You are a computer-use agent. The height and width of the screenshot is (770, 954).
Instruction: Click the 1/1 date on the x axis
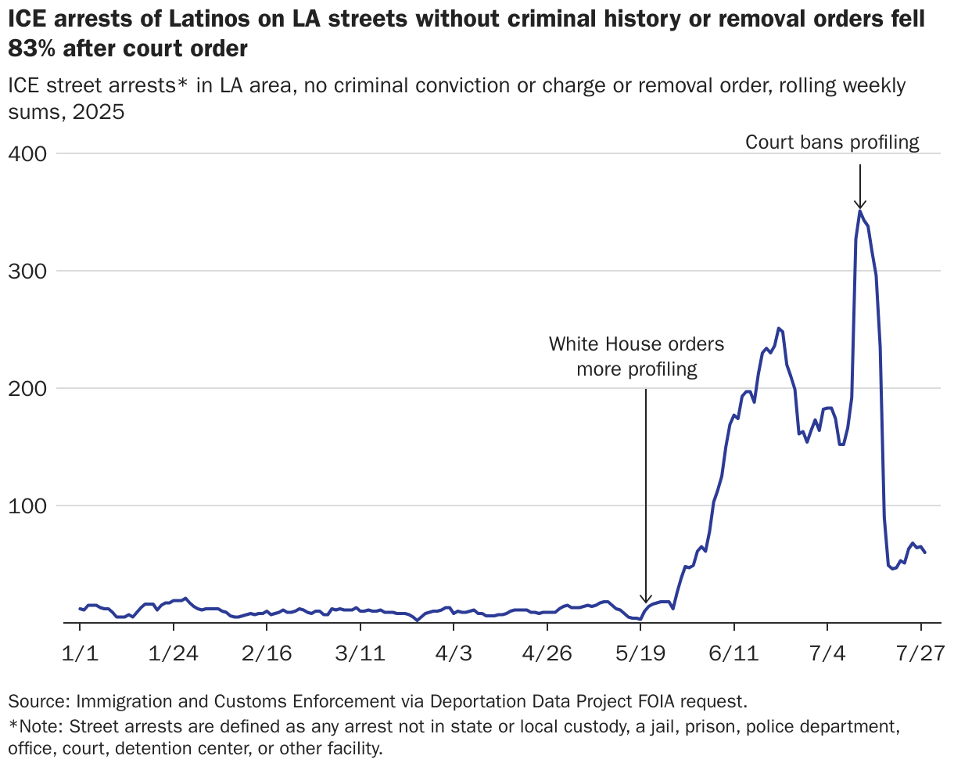tap(79, 653)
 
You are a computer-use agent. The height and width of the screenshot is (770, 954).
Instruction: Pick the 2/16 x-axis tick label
tap(267, 653)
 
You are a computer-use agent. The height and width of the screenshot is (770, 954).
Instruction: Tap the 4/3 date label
tap(454, 653)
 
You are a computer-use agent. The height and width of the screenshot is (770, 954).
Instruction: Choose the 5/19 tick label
tap(640, 653)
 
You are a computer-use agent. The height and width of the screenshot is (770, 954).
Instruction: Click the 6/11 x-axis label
tap(733, 653)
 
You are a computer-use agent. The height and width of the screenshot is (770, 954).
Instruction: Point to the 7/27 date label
tap(921, 653)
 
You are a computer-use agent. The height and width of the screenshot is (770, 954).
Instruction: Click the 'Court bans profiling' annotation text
tap(832, 142)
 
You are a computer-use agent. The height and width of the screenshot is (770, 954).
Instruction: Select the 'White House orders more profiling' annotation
tap(637, 356)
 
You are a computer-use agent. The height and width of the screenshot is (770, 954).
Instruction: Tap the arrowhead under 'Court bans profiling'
tap(859, 204)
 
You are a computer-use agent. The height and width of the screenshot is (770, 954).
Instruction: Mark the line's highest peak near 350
tap(860, 211)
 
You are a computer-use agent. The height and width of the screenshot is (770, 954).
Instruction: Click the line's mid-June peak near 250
tap(778, 329)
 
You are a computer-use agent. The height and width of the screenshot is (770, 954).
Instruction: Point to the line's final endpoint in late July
tap(925, 552)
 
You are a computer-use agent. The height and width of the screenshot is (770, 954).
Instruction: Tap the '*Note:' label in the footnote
tap(36, 726)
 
